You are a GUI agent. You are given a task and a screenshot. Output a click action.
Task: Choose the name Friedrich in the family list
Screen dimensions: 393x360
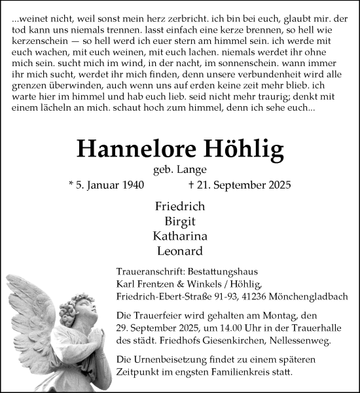[x=180, y=206]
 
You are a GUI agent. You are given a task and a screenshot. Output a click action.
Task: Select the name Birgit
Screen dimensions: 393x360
[x=180, y=221]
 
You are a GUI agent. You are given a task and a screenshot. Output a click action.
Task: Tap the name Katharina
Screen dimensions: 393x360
[x=180, y=236]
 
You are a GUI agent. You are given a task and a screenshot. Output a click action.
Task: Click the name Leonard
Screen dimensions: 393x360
[x=180, y=251]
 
